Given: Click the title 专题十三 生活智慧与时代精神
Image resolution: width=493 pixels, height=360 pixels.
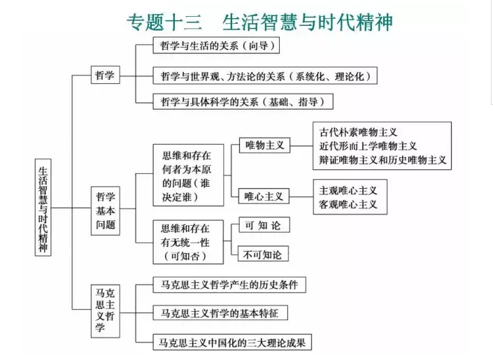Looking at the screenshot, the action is pyautogui.click(x=259, y=22).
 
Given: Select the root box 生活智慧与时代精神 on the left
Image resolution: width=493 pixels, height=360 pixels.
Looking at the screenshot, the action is pyautogui.click(x=43, y=208).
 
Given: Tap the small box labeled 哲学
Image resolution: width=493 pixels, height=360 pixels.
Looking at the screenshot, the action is pyautogui.click(x=106, y=75).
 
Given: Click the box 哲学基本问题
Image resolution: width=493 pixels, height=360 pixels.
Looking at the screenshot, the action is pyautogui.click(x=106, y=210).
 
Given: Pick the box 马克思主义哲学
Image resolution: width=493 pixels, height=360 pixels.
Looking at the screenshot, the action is pyautogui.click(x=106, y=311).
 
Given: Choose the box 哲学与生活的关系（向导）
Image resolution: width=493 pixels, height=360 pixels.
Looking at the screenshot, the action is pyautogui.click(x=216, y=45).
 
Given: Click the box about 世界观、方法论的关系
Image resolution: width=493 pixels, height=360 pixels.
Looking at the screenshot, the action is pyautogui.click(x=265, y=75).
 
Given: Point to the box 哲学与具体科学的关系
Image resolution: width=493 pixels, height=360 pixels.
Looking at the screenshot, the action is pyautogui.click(x=243, y=101).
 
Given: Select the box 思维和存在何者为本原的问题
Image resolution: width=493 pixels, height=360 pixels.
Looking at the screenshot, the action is pyautogui.click(x=188, y=175).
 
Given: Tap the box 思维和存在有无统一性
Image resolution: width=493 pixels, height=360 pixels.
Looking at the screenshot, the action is pyautogui.click(x=188, y=242).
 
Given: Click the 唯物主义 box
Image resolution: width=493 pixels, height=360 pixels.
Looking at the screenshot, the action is pyautogui.click(x=264, y=145).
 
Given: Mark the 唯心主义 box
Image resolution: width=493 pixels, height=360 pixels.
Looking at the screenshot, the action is pyautogui.click(x=264, y=196).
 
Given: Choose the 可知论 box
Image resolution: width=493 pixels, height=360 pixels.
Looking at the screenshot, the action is pyautogui.click(x=264, y=225).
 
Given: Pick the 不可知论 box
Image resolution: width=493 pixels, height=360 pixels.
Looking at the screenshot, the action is pyautogui.click(x=263, y=254).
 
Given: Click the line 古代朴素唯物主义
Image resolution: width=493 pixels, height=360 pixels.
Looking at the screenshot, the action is pyautogui.click(x=358, y=132).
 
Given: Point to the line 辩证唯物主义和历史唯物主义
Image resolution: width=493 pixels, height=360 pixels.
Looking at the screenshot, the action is pyautogui.click(x=383, y=160).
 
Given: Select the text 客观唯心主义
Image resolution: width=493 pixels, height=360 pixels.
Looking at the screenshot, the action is pyautogui.click(x=348, y=204).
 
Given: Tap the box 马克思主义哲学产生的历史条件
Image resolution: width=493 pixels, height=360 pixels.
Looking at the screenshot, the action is pyautogui.click(x=229, y=285).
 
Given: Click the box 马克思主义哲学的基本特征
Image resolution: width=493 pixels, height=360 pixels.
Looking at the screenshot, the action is pyautogui.click(x=220, y=313).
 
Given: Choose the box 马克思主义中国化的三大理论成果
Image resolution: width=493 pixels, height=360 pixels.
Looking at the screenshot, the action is pyautogui.click(x=232, y=343).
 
